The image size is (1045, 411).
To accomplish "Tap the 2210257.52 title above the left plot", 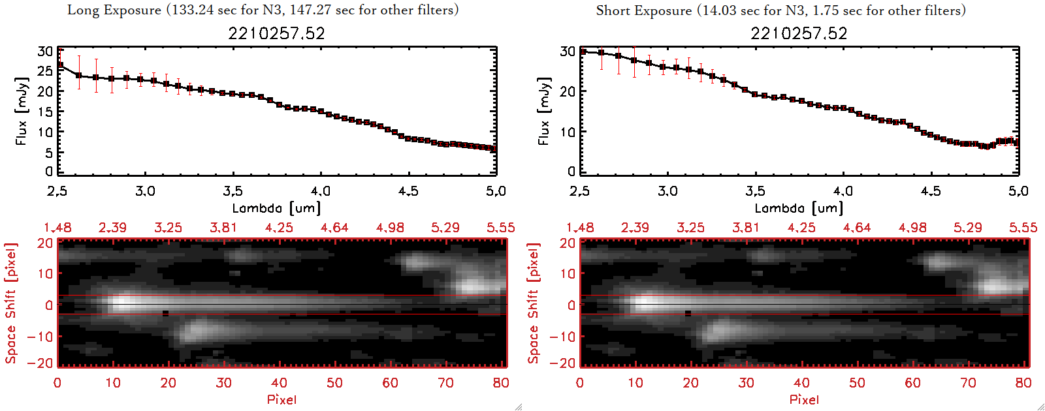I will [276, 33].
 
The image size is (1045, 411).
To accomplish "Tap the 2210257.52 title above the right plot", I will [799, 33].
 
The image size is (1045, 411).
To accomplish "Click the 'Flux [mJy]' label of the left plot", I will [22, 112].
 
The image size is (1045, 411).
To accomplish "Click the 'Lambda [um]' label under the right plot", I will [799, 208].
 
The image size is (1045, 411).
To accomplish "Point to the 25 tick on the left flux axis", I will [45, 71].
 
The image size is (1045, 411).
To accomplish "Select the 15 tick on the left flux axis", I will [45, 112].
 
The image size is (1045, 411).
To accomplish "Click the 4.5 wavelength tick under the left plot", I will [408, 191].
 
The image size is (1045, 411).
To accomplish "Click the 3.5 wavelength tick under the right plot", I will [755, 191].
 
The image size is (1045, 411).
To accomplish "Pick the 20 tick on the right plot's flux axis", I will [568, 91].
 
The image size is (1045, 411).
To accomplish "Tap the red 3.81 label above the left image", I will [223, 228].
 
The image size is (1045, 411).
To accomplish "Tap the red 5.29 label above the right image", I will [967, 228].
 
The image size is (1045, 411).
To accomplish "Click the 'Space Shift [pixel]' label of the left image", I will [10, 303].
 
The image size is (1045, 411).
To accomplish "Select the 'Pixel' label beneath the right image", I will [804, 399].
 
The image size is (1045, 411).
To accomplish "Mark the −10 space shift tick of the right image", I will [562, 336].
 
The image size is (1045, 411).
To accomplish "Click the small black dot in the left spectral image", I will [165, 313].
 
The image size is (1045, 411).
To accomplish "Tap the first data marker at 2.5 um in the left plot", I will [60, 65].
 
